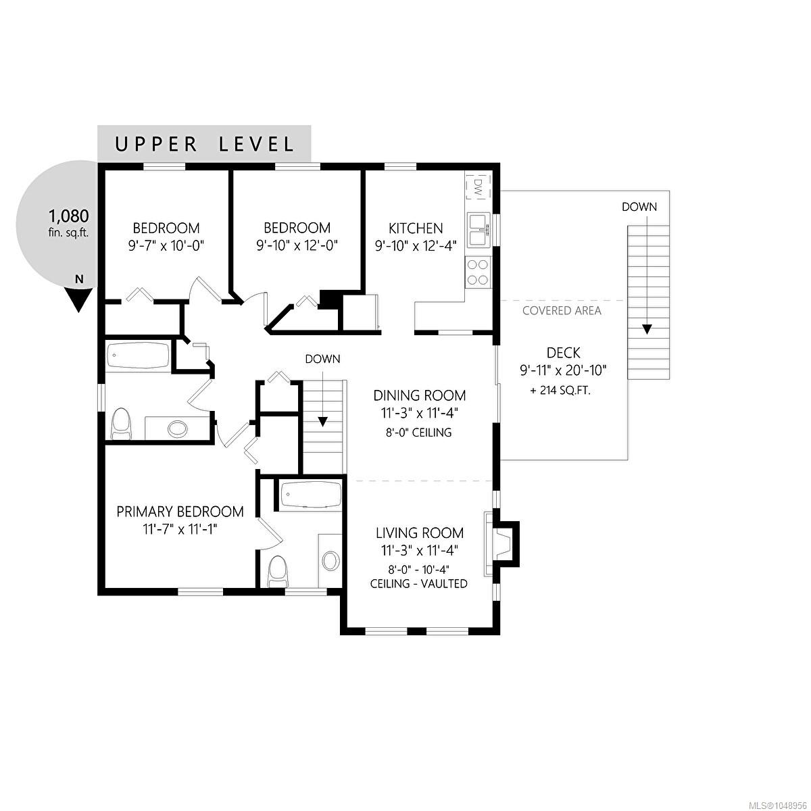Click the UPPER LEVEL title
click(204, 145)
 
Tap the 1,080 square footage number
click(69, 216)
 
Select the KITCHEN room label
click(416, 228)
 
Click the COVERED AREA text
click(562, 311)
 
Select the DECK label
click(563, 352)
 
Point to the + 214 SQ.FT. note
click(560, 391)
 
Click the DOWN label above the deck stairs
click(639, 207)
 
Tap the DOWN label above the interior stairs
click(322, 359)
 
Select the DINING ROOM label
click(420, 395)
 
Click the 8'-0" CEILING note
click(419, 433)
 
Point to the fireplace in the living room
click(501, 544)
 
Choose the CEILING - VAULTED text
click(419, 584)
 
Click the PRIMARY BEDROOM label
click(180, 512)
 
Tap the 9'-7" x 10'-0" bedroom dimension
click(166, 245)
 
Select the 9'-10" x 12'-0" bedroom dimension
click(297, 245)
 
